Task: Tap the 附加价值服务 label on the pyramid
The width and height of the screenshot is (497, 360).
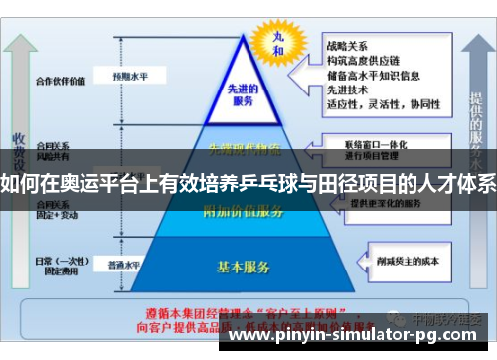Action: pyautogui.click(x=243, y=210)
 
